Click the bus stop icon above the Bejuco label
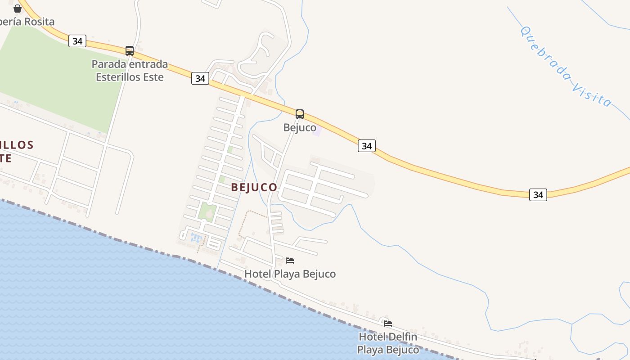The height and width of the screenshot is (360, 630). tap(300, 114)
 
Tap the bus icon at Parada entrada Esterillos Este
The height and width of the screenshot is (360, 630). tap(130, 51)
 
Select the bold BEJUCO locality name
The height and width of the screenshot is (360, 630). tap(254, 188)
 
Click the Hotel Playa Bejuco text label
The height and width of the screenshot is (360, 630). tap(290, 274)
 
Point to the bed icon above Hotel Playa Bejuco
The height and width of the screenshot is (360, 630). tap(290, 261)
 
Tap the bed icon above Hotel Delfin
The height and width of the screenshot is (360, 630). tap(388, 323)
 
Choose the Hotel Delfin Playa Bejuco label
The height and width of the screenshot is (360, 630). tap(388, 343)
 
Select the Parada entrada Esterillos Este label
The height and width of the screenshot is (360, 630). tap(130, 71)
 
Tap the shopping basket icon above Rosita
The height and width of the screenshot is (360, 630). tap(18, 9)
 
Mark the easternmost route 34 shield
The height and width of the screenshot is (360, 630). tap(538, 195)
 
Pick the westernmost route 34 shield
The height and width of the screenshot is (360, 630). tap(77, 41)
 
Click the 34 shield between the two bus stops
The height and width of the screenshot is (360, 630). tap(200, 78)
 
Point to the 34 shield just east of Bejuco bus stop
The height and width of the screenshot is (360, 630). tap(367, 146)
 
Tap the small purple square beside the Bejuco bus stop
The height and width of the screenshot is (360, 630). tap(317, 132)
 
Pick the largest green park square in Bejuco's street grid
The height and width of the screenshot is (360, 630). tap(207, 211)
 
